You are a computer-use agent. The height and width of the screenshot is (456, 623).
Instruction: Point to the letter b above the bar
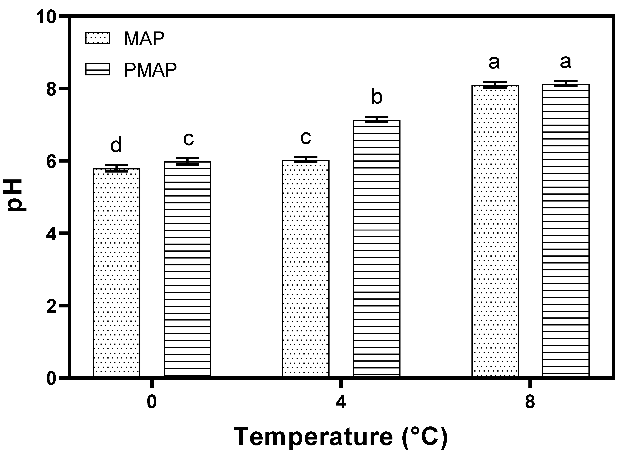377,97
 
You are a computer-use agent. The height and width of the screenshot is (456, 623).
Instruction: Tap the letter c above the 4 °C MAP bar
306,138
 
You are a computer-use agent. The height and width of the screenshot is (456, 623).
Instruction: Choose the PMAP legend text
150,70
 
